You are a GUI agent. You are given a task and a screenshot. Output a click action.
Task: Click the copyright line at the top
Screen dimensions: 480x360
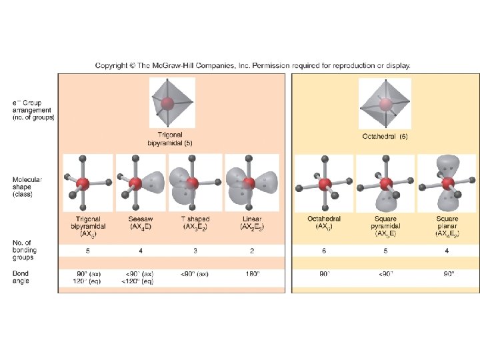click(253, 65)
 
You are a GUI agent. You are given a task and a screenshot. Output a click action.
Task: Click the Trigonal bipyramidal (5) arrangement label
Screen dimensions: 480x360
click(170, 138)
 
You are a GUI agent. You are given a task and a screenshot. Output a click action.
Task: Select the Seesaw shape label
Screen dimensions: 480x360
click(141, 223)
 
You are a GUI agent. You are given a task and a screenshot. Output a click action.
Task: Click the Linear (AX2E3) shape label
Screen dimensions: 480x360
click(251, 223)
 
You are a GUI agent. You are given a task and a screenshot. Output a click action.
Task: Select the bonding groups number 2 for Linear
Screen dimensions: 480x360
click(251, 252)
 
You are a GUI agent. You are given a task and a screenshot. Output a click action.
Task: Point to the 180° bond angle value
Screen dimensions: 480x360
click(251, 273)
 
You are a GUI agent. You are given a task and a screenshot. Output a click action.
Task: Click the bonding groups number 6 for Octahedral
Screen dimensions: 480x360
click(324, 252)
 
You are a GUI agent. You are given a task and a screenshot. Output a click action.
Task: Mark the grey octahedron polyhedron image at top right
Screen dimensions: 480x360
click(385, 103)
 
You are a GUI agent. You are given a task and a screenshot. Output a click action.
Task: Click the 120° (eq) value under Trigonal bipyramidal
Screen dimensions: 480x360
click(87, 281)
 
